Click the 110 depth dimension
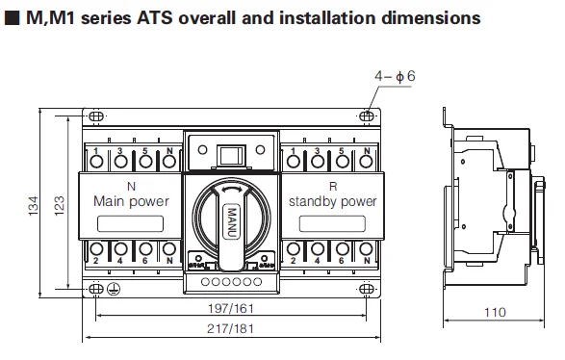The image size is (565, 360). pyautogui.click(x=496, y=312)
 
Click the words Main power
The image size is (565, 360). pyautogui.click(x=131, y=202)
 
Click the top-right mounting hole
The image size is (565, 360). pyautogui.click(x=367, y=116)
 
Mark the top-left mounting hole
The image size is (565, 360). pyautogui.click(x=97, y=116)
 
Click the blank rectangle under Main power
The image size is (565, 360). pyautogui.click(x=131, y=224)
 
